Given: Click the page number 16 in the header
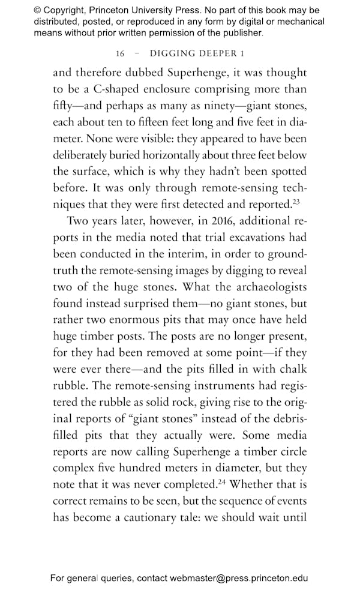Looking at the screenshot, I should pos(120,53).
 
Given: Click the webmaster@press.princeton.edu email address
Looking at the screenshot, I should pos(239,579).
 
